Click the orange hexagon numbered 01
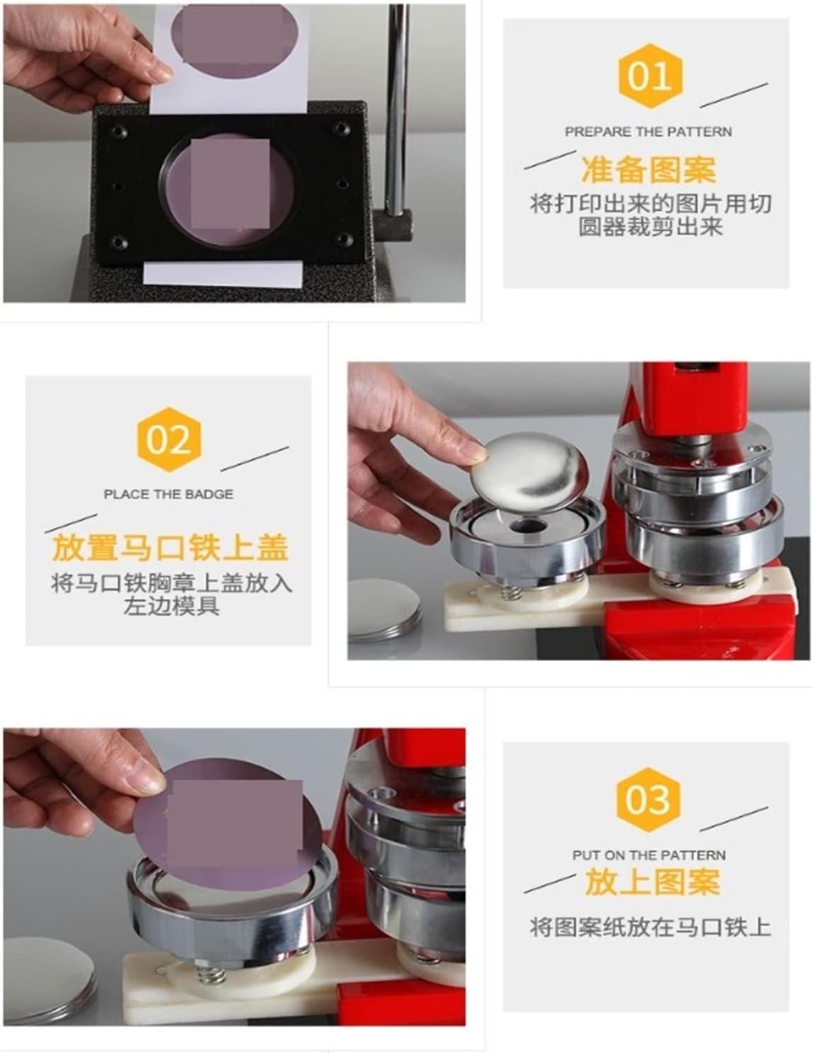650,77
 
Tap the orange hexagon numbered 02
169,439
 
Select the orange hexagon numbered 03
648,800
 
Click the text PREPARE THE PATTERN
649,131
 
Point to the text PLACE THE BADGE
169,495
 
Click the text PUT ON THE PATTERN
649,855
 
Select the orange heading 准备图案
649,169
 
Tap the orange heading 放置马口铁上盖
169,548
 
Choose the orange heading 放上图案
652,882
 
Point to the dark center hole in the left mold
526,526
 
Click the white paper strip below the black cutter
223,274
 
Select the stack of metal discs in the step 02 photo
384,609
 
